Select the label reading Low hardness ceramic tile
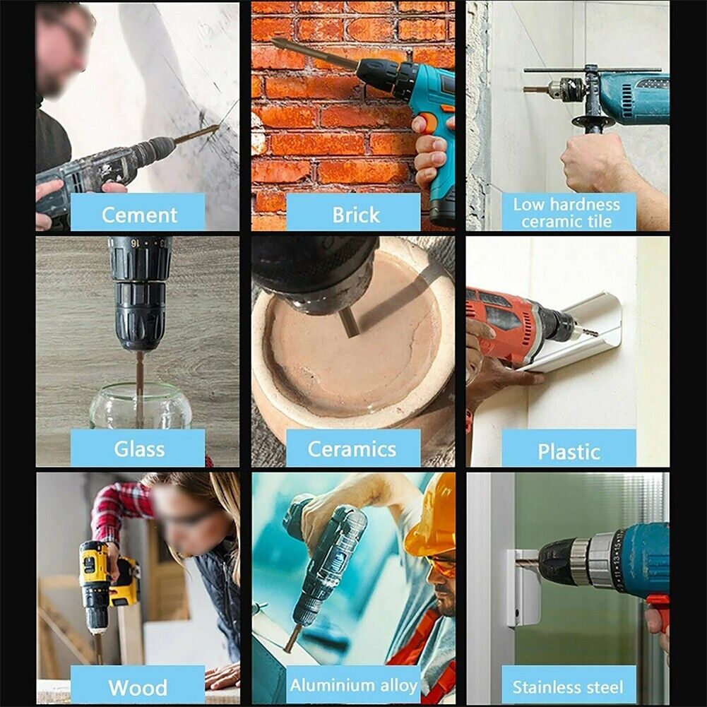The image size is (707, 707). click(x=567, y=213)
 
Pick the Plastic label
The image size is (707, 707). click(x=569, y=450)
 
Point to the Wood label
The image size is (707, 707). click(x=138, y=686)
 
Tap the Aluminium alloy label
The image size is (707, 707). click(x=353, y=685)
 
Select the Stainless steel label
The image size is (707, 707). click(x=569, y=686)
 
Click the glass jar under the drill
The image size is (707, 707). click(x=141, y=406)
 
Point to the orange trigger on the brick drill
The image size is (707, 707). click(x=427, y=124)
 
